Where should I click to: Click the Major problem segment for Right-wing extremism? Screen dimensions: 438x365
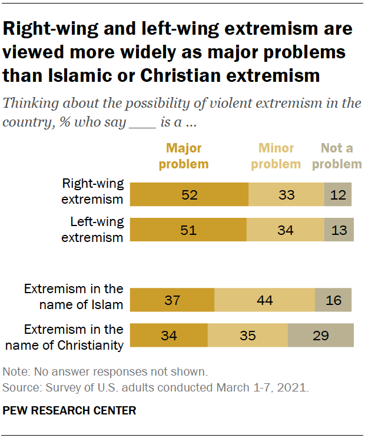click(189, 194)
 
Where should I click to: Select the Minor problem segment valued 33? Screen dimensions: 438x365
click(286, 194)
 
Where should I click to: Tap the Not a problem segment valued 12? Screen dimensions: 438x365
click(338, 194)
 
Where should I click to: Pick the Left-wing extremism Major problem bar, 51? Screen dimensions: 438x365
click(188, 230)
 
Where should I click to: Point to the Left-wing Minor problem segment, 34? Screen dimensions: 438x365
click(285, 230)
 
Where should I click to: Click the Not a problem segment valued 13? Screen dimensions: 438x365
click(339, 230)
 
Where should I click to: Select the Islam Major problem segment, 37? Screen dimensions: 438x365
click(172, 300)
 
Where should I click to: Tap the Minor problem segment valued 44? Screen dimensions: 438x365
click(264, 300)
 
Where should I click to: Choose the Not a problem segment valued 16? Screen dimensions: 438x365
click(333, 300)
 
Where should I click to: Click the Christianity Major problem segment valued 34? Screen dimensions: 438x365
click(168, 336)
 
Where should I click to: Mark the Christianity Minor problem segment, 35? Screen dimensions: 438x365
click(247, 336)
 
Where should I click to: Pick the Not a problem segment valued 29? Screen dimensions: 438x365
click(320, 336)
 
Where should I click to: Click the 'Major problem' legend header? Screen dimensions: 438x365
click(184, 156)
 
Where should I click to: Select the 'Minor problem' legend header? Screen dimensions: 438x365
click(276, 156)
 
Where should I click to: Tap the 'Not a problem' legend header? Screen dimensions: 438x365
click(337, 156)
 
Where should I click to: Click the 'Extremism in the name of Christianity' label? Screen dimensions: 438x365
click(73, 337)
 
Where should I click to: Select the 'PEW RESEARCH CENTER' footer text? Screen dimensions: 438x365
click(69, 411)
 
